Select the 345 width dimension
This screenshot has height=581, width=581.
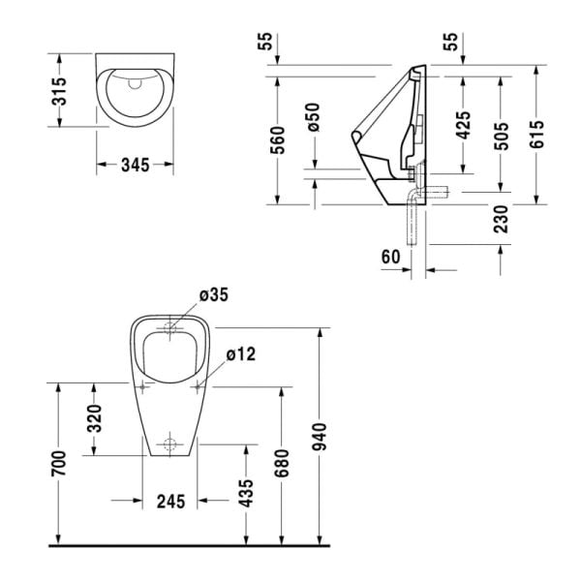coord(135,166)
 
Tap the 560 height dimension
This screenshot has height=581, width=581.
coord(277,141)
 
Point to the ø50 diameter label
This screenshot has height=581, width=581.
coord(312,116)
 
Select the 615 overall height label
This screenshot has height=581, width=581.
coord(537,135)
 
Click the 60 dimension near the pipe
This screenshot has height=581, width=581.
coord(390,257)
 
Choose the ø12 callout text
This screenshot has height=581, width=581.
coord(240,354)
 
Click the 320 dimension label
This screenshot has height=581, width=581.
coord(94,419)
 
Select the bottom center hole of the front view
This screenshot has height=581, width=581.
coord(170,446)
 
